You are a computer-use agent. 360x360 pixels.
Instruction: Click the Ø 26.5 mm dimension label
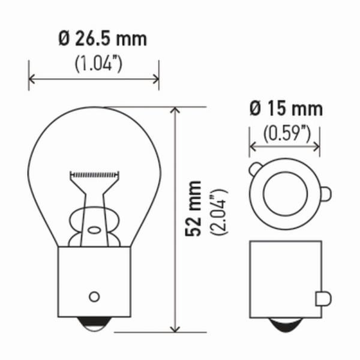[x=103, y=39]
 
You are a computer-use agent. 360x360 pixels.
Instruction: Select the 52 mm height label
[x=193, y=208]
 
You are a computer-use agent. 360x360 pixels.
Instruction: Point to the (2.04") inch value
[x=218, y=212]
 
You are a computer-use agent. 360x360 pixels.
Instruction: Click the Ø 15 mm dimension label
[x=286, y=109]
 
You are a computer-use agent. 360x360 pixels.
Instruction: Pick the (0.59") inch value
[x=287, y=133]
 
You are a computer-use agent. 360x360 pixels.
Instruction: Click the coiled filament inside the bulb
[x=94, y=175]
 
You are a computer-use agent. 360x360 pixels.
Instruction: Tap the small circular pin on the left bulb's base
[x=94, y=296]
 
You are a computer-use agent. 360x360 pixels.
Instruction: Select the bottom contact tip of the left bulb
[x=94, y=324]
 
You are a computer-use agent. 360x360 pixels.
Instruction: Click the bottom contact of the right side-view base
[x=286, y=325]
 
